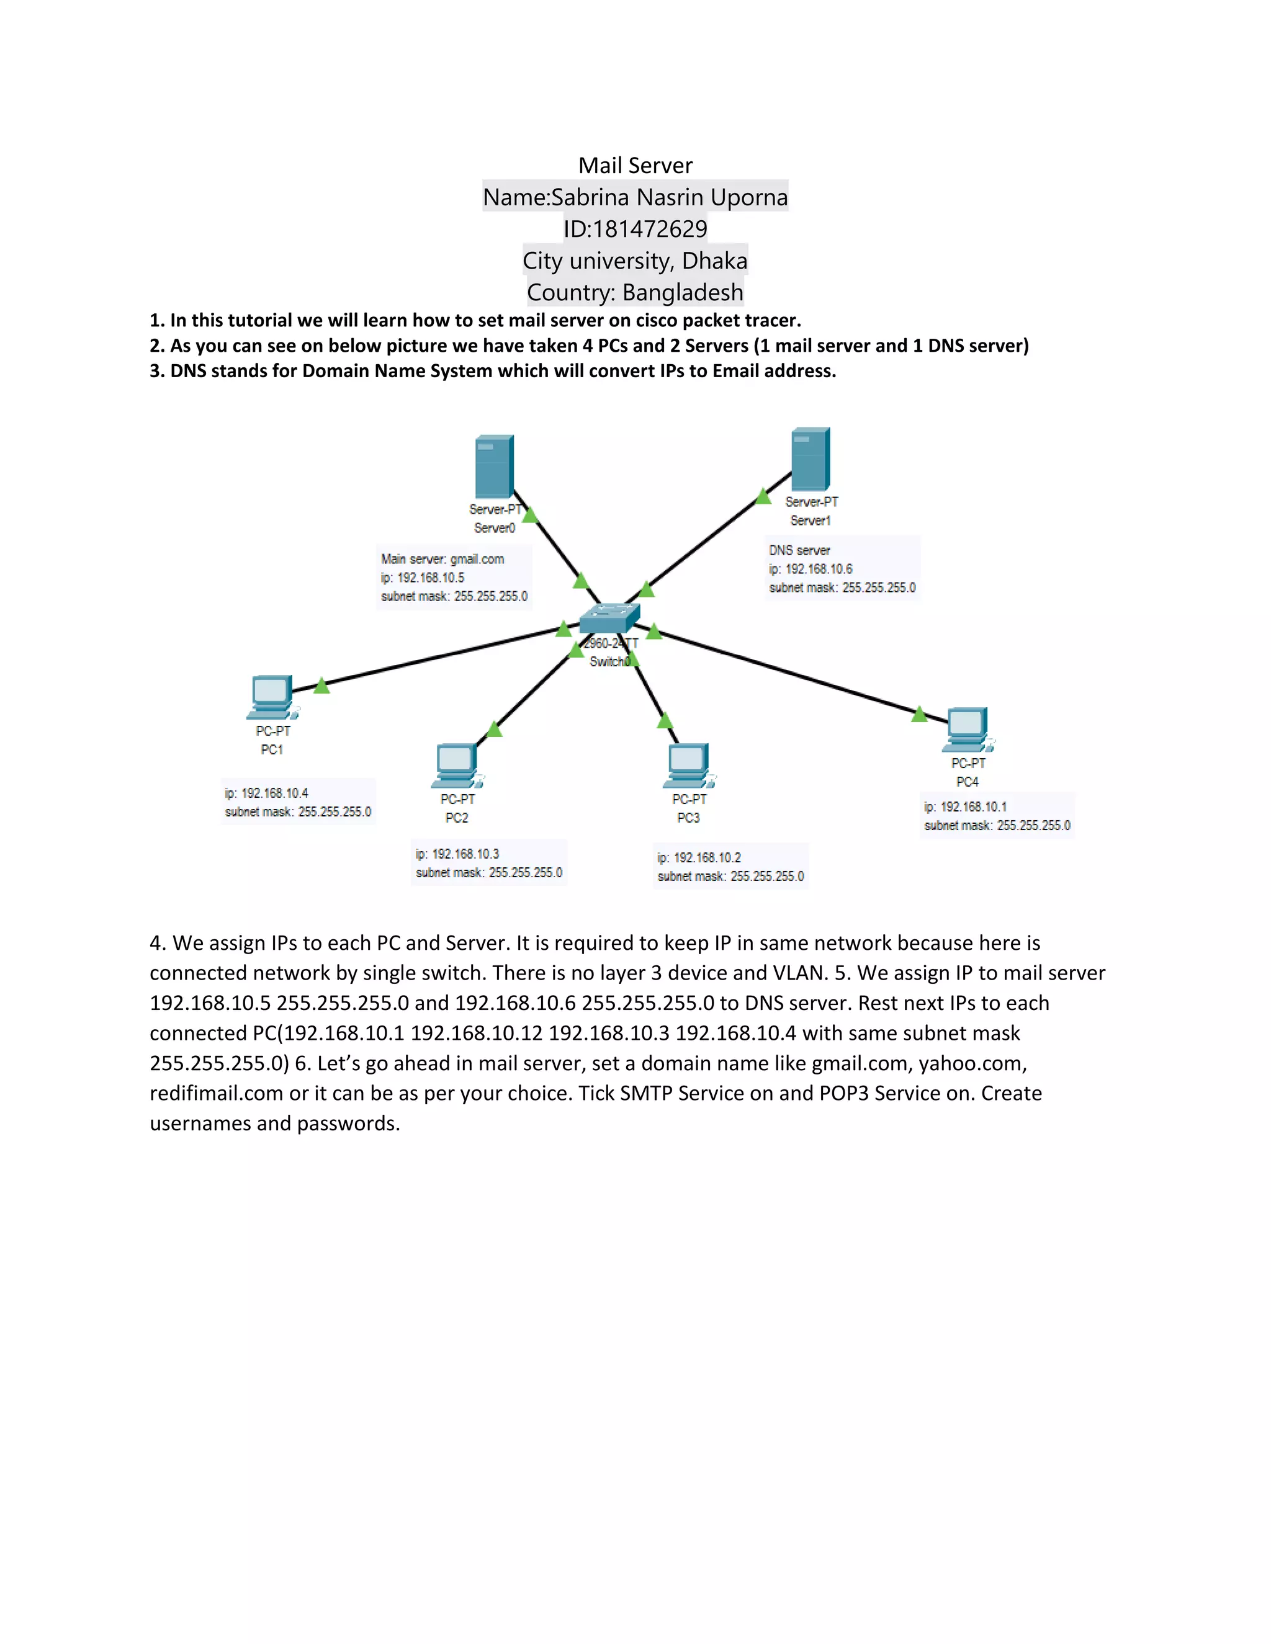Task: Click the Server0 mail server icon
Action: point(494,466)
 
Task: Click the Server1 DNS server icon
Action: point(810,459)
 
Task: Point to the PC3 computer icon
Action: point(688,765)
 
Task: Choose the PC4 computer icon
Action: point(967,729)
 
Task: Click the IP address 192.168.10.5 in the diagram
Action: point(431,578)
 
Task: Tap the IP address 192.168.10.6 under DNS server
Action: point(819,569)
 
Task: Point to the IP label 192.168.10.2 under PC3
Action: point(707,858)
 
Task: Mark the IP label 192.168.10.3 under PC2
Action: point(465,854)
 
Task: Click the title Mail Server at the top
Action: point(635,166)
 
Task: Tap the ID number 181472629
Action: point(650,229)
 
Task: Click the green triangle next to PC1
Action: point(321,686)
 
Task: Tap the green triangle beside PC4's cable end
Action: point(918,714)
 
